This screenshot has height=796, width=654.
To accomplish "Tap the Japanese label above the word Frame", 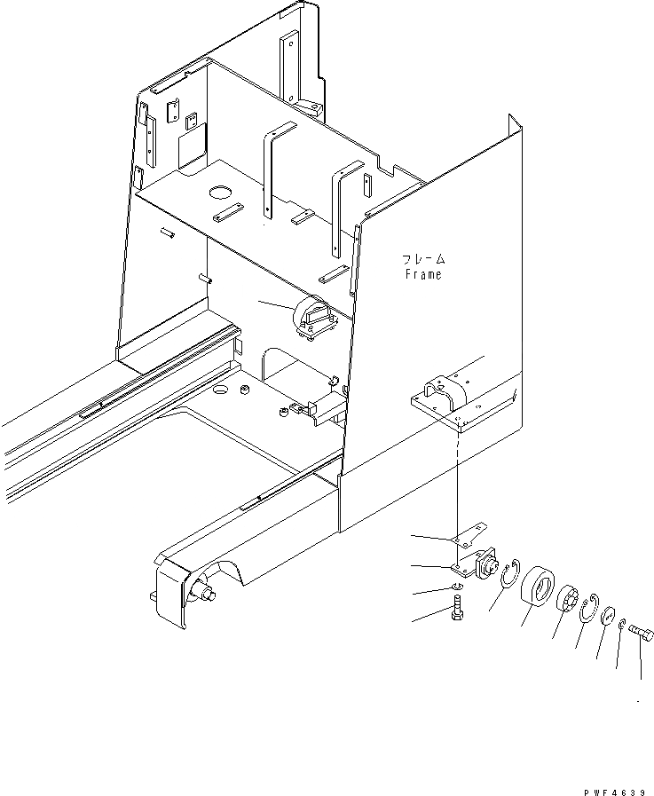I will [422, 259].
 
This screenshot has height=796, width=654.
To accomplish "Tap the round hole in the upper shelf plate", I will [220, 191].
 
